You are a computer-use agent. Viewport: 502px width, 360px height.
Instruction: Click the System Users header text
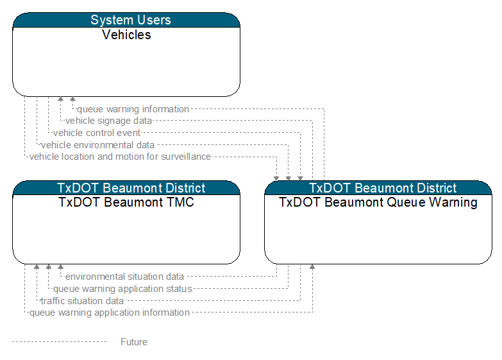131,20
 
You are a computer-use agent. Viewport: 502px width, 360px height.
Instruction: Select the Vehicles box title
126,35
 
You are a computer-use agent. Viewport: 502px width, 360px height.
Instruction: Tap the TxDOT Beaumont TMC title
126,202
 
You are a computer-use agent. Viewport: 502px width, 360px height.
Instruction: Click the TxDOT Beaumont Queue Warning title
378,203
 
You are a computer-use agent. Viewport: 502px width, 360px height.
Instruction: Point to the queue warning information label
133,109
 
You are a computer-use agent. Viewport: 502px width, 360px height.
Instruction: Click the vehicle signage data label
108,121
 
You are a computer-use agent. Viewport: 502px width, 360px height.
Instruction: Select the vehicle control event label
97,133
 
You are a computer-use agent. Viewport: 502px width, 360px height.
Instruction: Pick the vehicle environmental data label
97,145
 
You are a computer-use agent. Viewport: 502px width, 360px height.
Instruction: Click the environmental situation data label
124,277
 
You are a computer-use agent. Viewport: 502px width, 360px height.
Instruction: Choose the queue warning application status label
122,289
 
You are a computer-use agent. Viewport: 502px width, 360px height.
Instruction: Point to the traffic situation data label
82,301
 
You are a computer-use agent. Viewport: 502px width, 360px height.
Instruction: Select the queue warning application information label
110,313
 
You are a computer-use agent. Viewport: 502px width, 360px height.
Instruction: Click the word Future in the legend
134,342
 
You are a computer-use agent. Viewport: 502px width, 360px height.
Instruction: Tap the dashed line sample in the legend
59,342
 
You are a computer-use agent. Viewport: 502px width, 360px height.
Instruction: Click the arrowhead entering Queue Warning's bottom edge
312,267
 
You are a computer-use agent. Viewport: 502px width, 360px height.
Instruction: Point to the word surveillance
186,157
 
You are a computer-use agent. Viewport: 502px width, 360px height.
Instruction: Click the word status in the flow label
179,289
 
